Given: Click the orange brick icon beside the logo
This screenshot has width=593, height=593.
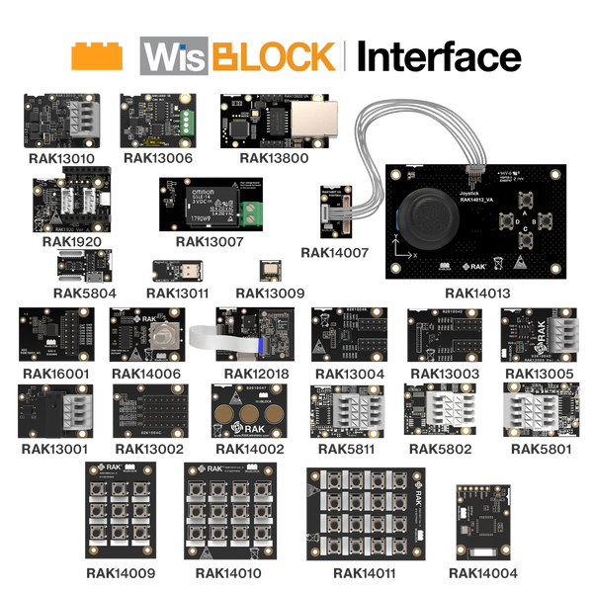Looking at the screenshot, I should [x=97, y=56].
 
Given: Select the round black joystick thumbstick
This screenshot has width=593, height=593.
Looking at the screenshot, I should [x=428, y=212].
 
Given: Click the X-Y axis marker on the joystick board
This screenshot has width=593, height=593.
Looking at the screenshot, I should [x=399, y=261].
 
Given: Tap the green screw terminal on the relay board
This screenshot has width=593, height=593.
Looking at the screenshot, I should [x=252, y=212].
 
